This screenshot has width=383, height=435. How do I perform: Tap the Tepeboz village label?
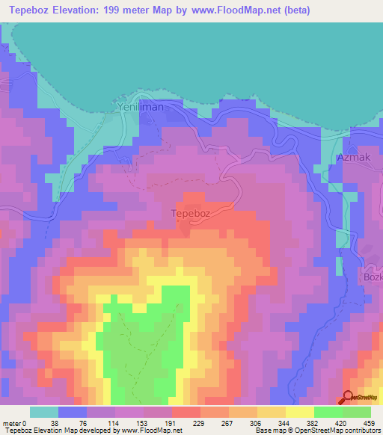click(x=194, y=212)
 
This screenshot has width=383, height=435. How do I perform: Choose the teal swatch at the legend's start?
click(x=43, y=412)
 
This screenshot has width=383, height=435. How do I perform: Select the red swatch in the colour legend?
click(x=186, y=412)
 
